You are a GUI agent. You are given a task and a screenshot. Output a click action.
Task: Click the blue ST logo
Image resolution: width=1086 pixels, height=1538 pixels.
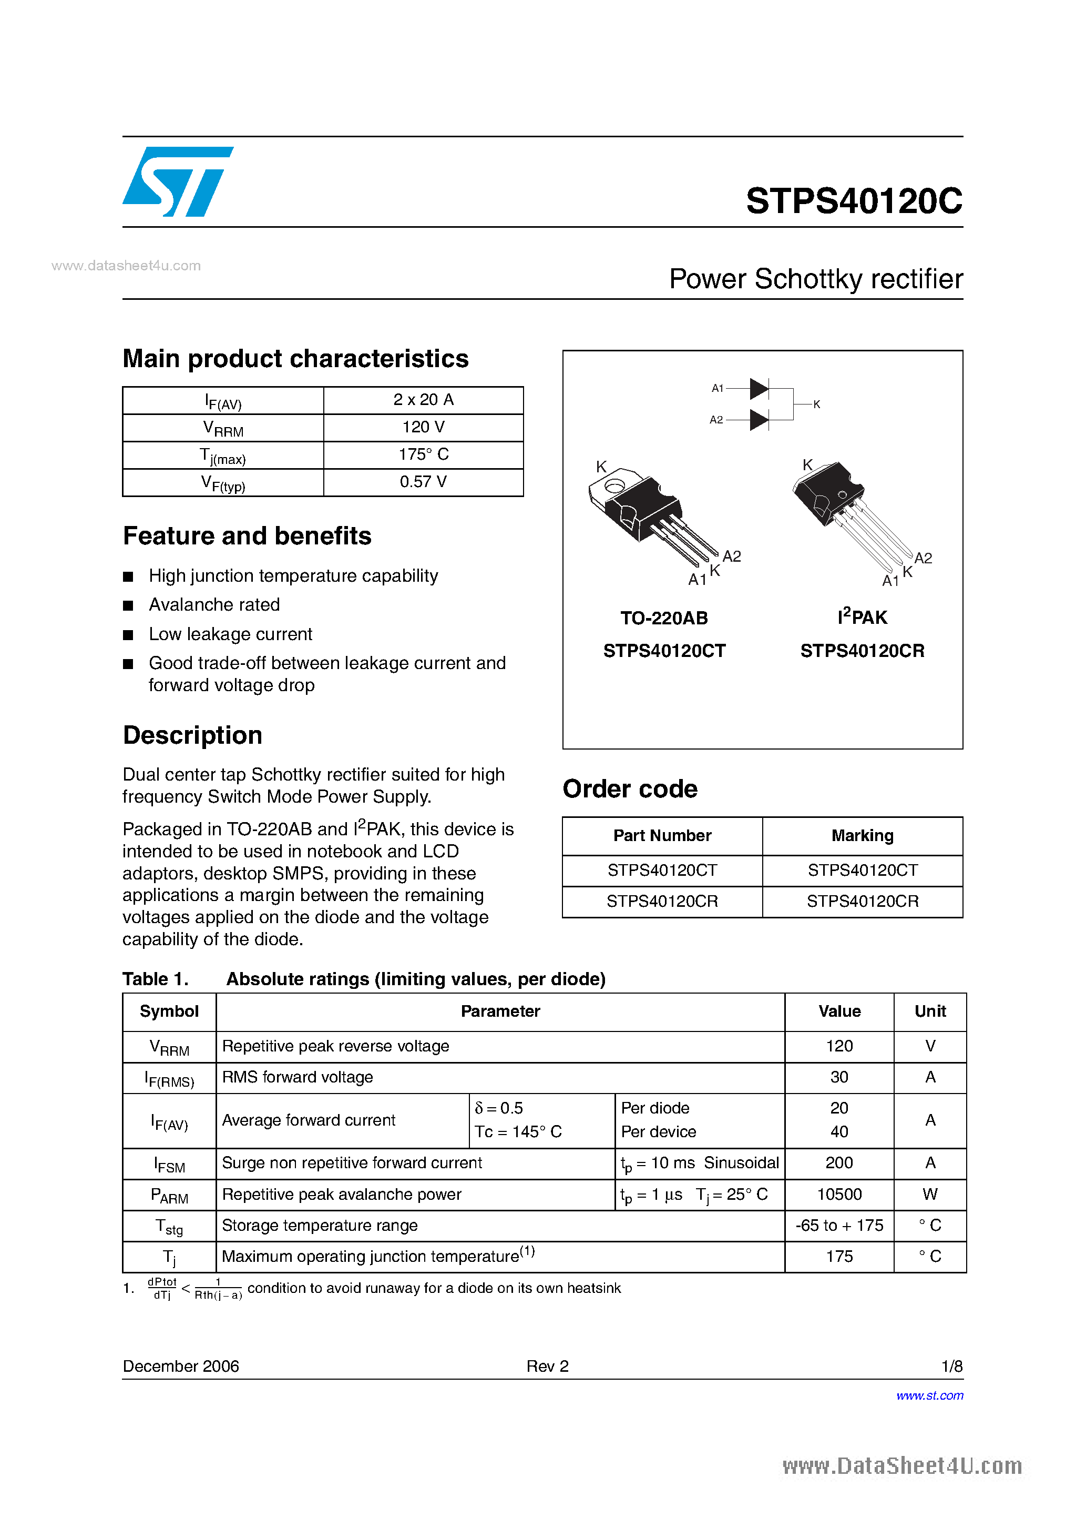click(x=178, y=181)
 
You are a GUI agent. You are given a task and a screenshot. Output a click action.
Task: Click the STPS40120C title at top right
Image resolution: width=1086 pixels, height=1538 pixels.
click(x=854, y=201)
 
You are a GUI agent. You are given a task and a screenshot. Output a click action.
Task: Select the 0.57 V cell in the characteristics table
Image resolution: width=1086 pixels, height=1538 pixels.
click(x=423, y=482)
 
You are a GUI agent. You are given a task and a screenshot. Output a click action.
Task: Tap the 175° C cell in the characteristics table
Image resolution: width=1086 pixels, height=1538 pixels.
click(x=423, y=455)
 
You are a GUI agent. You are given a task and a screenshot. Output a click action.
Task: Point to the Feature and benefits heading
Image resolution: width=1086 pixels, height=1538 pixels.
click(x=247, y=536)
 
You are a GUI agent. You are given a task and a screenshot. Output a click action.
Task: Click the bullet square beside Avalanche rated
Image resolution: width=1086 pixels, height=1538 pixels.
click(x=129, y=605)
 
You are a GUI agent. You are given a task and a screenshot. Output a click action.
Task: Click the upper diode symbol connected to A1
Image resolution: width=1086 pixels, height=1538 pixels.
click(x=759, y=389)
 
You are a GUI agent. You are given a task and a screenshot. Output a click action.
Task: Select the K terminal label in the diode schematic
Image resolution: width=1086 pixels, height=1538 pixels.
click(x=816, y=404)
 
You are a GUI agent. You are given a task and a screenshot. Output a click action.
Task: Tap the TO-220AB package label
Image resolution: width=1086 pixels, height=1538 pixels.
click(x=663, y=618)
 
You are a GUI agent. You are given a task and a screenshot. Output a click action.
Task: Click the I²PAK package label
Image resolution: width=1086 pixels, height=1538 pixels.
click(x=862, y=617)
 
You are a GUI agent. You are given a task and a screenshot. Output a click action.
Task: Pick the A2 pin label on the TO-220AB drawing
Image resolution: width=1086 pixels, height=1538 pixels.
click(x=731, y=556)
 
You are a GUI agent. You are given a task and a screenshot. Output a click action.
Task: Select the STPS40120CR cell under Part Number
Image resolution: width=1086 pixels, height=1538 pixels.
click(x=662, y=902)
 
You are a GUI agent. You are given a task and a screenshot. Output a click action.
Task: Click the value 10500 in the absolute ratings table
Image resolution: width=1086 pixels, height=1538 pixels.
click(x=839, y=1195)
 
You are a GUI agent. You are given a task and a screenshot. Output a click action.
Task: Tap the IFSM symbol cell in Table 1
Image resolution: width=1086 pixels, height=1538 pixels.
click(x=169, y=1164)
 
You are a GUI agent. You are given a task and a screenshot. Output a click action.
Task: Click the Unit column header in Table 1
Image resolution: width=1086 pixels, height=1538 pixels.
click(x=929, y=1011)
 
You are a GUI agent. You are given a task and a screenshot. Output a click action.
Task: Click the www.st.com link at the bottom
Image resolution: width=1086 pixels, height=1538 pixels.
click(x=929, y=1395)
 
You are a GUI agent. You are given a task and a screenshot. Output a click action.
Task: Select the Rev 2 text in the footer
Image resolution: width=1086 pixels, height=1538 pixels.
click(x=547, y=1366)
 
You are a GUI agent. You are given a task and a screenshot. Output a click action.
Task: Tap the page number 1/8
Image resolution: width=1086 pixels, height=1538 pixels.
click(x=951, y=1366)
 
